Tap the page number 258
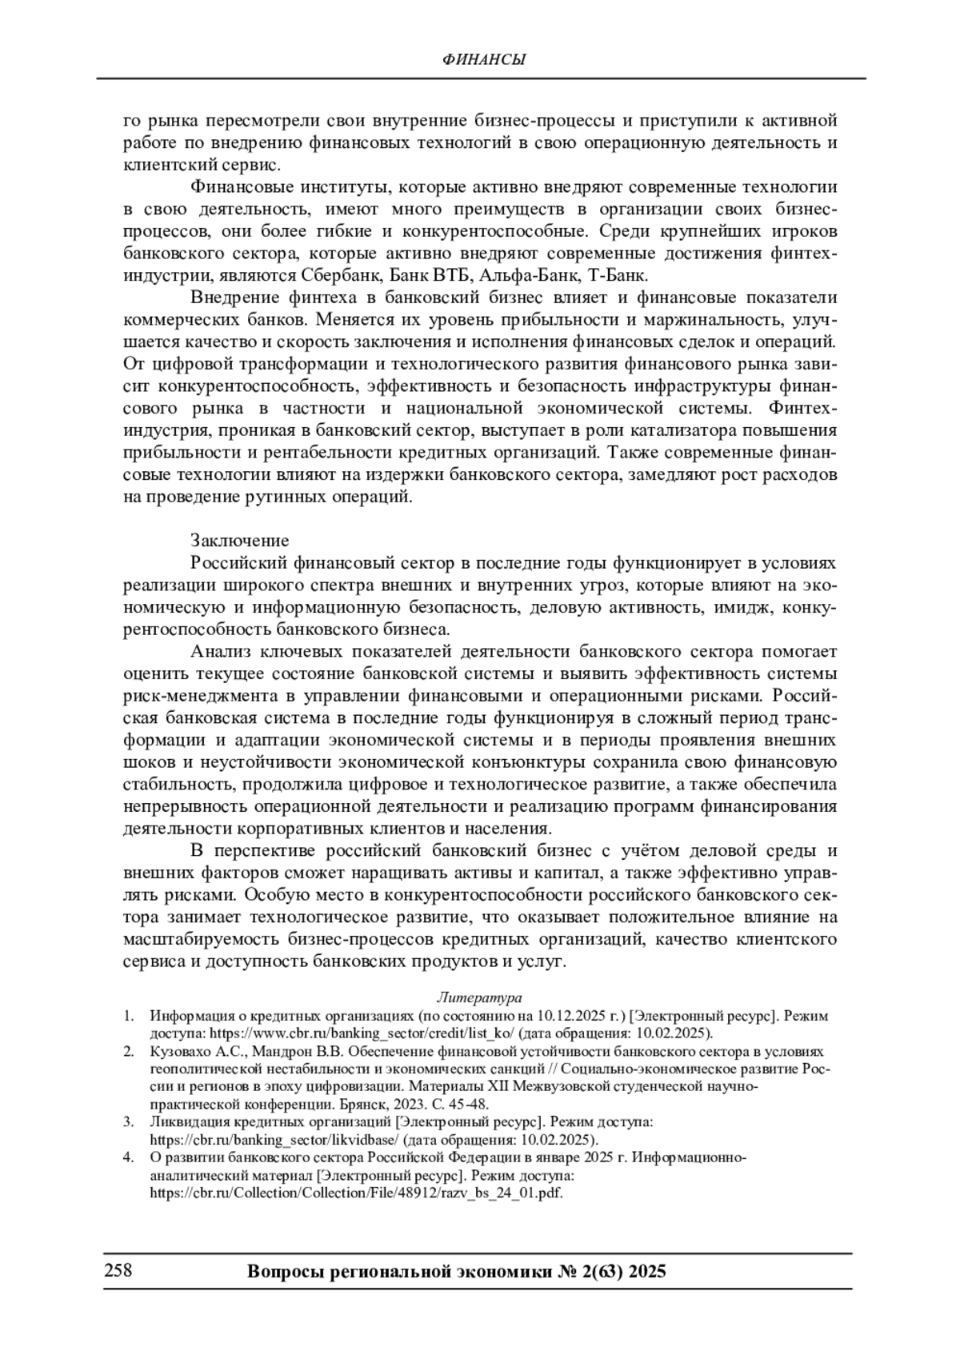(x=117, y=1270)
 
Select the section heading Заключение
(x=239, y=541)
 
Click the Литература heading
(x=479, y=997)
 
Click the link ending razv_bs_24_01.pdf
(x=357, y=1193)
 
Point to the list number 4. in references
(x=128, y=1157)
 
